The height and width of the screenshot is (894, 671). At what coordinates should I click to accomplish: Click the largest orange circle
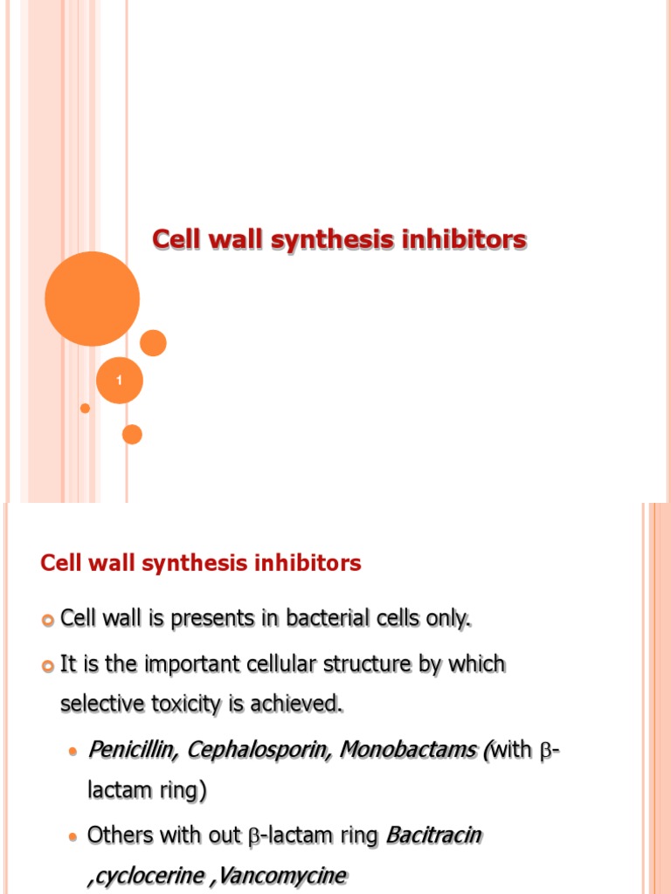click(92, 299)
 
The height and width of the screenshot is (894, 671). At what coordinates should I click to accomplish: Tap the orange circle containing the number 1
click(119, 381)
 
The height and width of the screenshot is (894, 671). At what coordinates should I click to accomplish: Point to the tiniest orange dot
click(85, 408)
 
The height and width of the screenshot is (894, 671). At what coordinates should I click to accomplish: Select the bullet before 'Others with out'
click(73, 837)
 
